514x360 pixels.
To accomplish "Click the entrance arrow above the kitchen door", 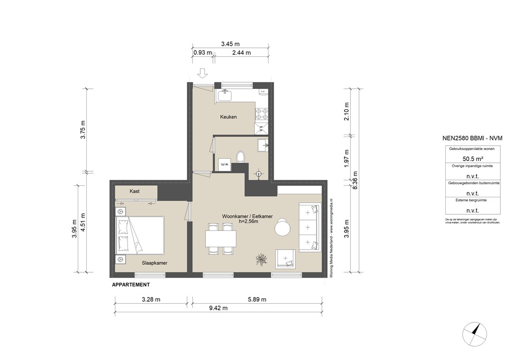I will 202,74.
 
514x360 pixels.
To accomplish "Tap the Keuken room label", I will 228,117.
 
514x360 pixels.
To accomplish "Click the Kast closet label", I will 135,191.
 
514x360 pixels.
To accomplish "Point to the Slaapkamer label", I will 154,263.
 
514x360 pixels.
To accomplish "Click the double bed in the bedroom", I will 140,235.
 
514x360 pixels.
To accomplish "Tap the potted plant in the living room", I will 261,259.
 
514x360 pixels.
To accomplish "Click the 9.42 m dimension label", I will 218,308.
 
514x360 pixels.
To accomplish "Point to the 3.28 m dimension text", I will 150,300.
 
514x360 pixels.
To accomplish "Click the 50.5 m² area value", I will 472,158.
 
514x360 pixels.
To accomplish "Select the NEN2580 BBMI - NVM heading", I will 472,138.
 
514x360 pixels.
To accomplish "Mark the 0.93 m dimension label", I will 202,52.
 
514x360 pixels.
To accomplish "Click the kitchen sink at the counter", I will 226,95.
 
